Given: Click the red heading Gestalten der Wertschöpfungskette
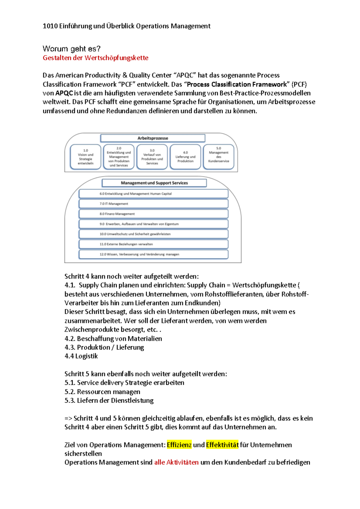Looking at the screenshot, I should [95, 58].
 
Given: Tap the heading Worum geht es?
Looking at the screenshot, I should [71, 49].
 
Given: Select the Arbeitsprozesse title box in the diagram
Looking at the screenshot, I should [153, 138].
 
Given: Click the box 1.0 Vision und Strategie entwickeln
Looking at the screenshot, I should [85, 157].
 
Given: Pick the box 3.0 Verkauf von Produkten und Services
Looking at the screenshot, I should [152, 157].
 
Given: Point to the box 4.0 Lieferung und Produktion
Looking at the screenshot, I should [185, 157].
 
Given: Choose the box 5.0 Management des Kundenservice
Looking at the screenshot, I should [218, 157].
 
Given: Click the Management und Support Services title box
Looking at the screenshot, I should [154, 183].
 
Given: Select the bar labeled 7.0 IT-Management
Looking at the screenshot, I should [153, 204].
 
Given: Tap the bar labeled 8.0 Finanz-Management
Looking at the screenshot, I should [153, 214].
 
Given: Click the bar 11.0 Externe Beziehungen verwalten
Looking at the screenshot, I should [153, 244].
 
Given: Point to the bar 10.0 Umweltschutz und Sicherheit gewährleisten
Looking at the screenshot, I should [153, 234].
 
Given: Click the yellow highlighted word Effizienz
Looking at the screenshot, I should [179, 445].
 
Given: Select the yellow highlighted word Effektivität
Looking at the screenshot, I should [222, 445].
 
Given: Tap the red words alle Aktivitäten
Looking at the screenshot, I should [176, 463].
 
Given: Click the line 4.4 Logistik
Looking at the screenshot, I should [81, 356].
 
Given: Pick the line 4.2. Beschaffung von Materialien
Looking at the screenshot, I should [113, 339].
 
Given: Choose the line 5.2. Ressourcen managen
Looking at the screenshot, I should [102, 392].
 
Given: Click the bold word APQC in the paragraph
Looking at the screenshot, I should [64, 93].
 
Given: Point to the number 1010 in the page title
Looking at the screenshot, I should [50, 26].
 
